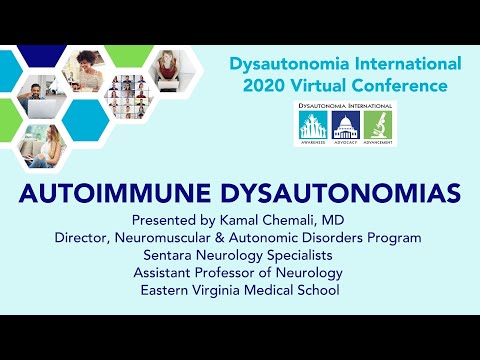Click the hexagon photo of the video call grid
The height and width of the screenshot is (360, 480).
coord(126,93)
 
